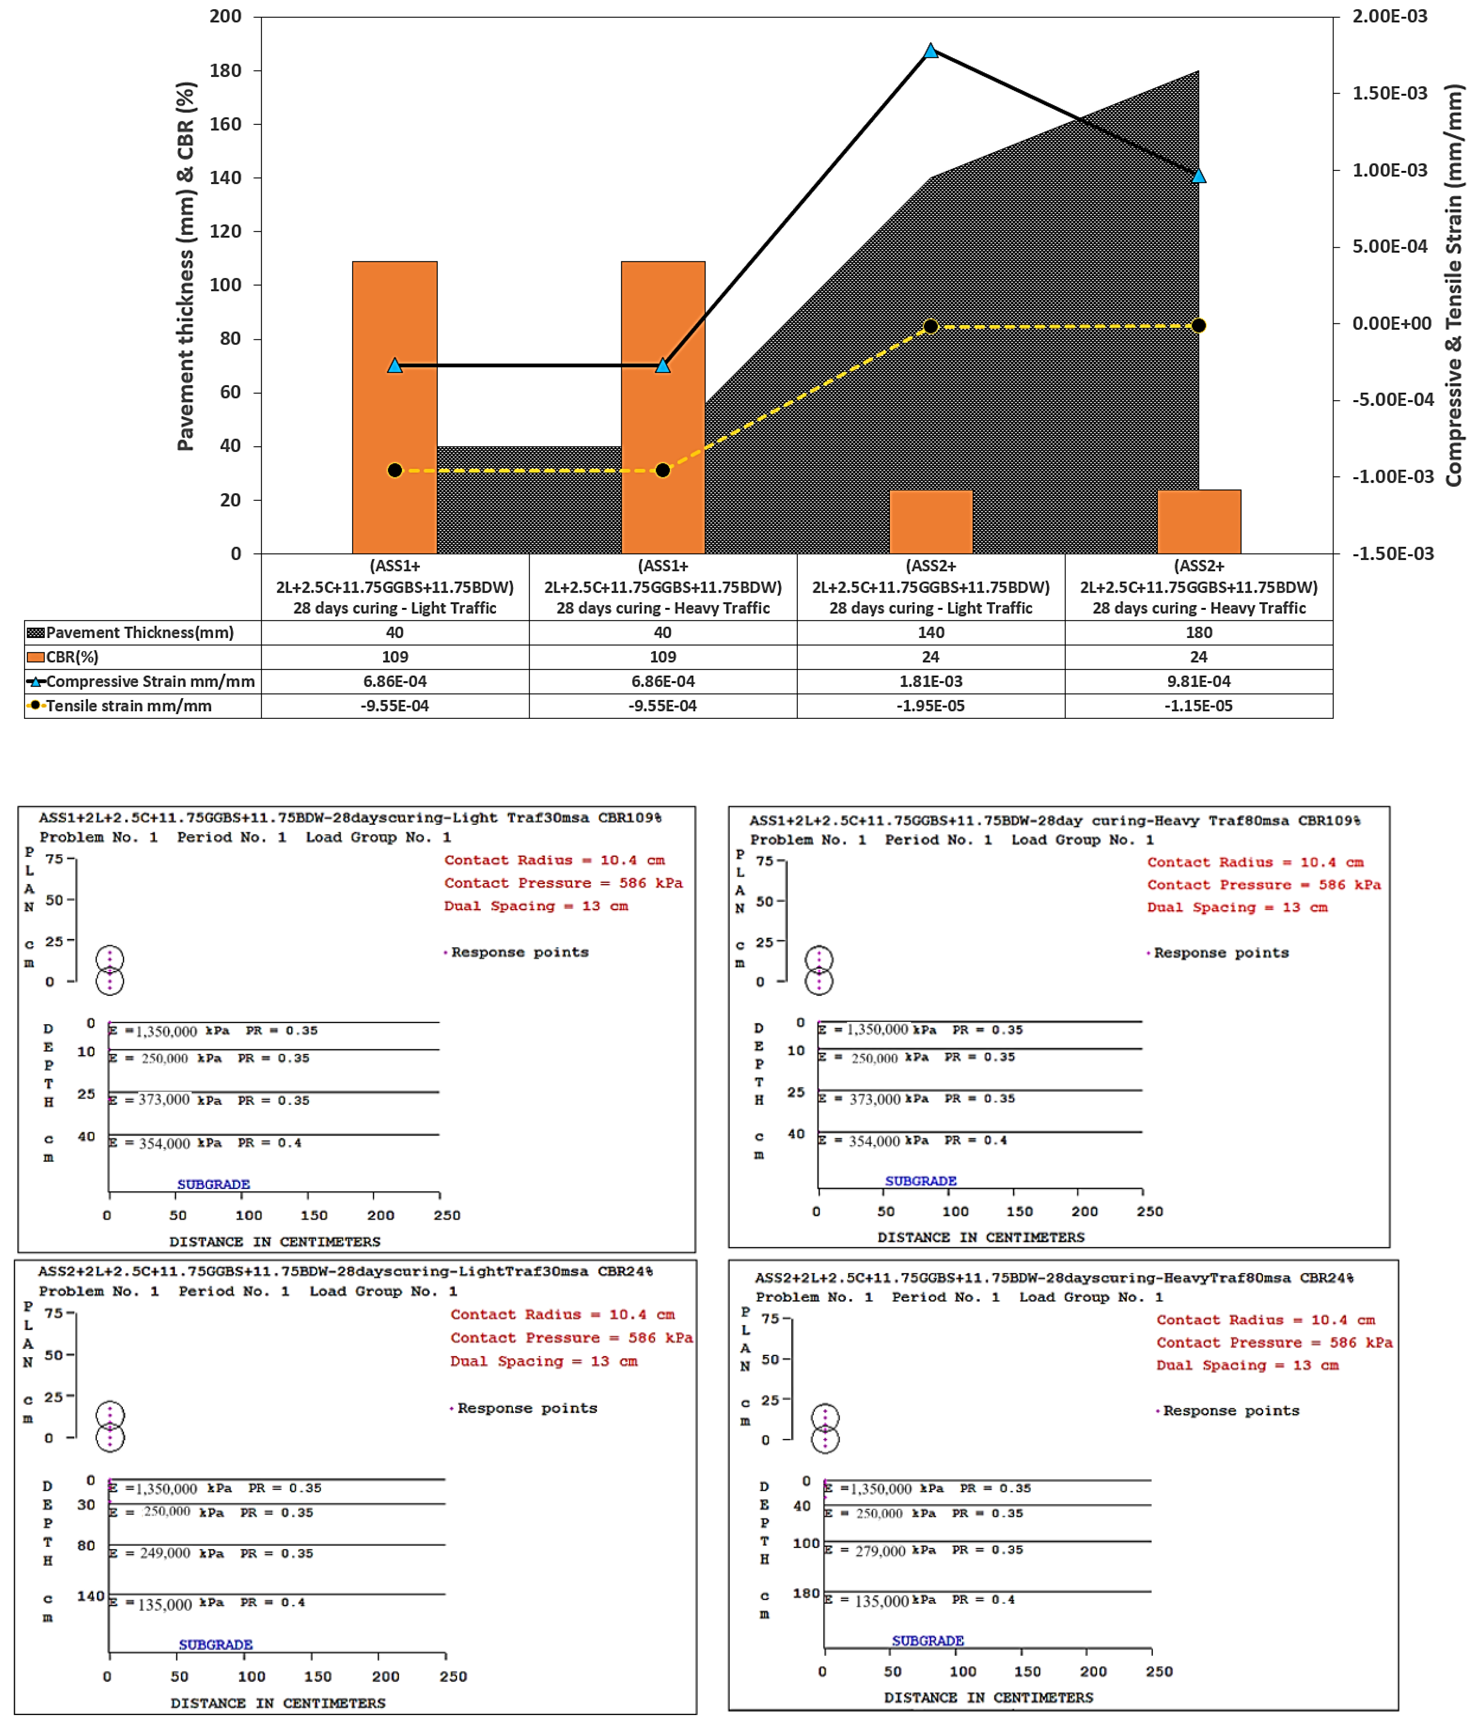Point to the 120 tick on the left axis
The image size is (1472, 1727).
pyautogui.click(x=225, y=231)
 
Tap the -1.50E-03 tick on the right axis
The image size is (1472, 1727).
pyautogui.click(x=1392, y=554)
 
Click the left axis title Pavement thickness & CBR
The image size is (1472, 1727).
pyautogui.click(x=186, y=267)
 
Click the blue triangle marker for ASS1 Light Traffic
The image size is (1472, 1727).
pyautogui.click(x=395, y=365)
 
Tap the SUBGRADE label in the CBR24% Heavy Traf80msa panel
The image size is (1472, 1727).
pyautogui.click(x=928, y=1640)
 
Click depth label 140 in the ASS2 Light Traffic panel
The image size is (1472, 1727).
pyautogui.click(x=90, y=1596)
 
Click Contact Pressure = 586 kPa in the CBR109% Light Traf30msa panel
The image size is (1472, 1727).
pyautogui.click(x=562, y=883)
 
